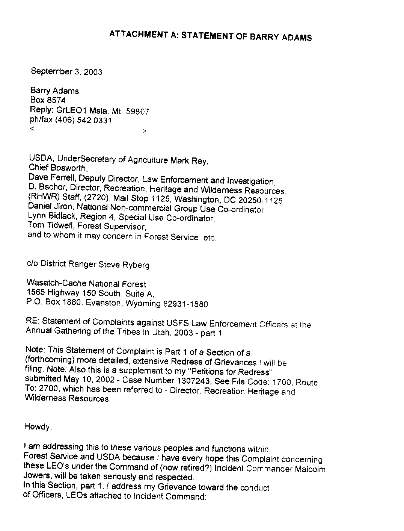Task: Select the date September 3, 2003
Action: point(66,71)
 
